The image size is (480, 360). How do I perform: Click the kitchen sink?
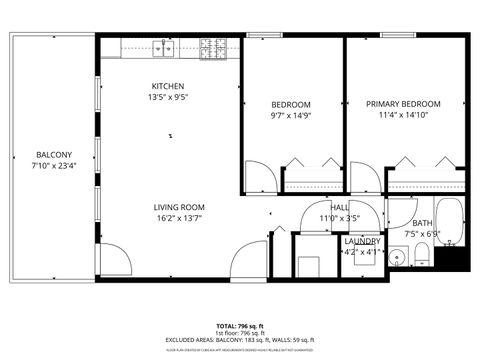pyautogui.click(x=164, y=46)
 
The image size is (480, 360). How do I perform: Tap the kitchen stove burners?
pyautogui.click(x=212, y=46)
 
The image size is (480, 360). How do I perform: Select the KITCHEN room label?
pyautogui.click(x=168, y=86)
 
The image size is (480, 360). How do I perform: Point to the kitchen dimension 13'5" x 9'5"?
pyautogui.click(x=168, y=98)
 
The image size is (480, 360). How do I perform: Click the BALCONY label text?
pyautogui.click(x=53, y=154)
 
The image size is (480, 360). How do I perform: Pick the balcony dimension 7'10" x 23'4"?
pyautogui.click(x=53, y=166)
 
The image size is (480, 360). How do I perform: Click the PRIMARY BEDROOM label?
pyautogui.click(x=403, y=104)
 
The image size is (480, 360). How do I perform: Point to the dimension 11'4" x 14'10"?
pyautogui.click(x=403, y=116)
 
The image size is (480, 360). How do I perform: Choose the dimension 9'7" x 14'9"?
pyautogui.click(x=291, y=116)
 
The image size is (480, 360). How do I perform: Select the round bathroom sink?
pyautogui.click(x=398, y=257)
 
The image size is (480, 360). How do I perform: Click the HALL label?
pyautogui.click(x=339, y=207)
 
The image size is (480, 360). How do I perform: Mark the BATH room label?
pyautogui.click(x=422, y=223)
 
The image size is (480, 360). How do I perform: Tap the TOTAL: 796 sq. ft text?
pyautogui.click(x=240, y=327)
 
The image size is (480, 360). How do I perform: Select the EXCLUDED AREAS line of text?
pyautogui.click(x=240, y=341)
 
